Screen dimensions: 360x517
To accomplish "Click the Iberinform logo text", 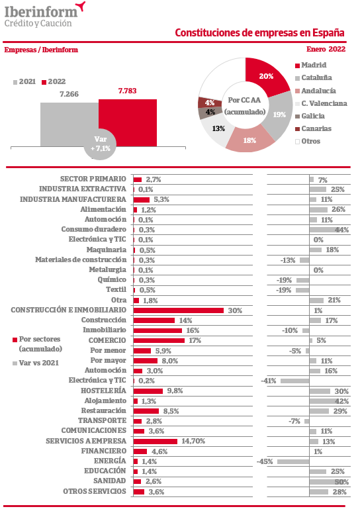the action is point(41,11).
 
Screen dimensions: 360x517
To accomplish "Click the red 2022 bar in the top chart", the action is point(128,122).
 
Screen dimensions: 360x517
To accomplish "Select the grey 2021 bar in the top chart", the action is point(69,124).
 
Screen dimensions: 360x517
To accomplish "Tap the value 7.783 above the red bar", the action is point(127,91).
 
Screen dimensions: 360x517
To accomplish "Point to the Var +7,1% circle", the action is point(100,144).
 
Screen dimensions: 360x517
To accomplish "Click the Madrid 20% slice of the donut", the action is point(265,76).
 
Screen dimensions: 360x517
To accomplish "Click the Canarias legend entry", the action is point(313,128).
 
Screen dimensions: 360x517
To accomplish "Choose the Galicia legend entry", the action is point(310,116).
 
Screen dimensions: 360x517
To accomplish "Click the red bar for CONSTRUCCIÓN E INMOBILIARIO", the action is point(179,310).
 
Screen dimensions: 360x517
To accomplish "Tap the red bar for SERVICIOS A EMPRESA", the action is point(156,442).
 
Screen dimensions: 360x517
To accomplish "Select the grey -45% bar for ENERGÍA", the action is point(293,461).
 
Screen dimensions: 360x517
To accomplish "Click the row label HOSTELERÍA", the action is point(103,391).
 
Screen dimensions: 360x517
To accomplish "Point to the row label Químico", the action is point(112,279).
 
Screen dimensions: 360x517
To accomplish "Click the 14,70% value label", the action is point(193,441).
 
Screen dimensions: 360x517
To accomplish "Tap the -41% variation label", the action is point(269,381).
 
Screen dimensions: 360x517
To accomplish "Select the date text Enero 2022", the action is point(326,49).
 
